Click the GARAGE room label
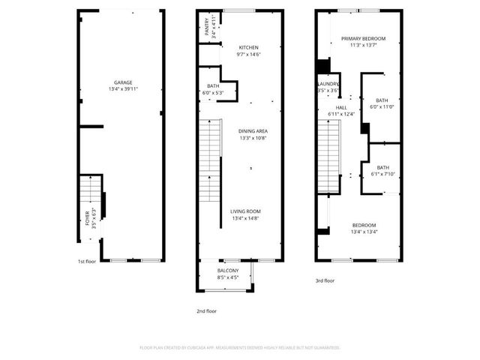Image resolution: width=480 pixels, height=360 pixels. coord(123,82)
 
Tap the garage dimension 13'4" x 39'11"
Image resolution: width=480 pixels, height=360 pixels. coord(123,89)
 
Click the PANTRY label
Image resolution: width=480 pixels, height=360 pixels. coord(207,28)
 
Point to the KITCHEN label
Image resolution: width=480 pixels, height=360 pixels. coord(248,47)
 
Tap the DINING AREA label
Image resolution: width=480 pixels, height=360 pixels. coord(253,130)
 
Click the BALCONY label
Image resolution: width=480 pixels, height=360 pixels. coord(228,270)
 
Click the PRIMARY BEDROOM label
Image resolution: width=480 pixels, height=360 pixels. coord(363,38)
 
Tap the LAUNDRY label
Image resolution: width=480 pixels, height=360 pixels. coord(328,84)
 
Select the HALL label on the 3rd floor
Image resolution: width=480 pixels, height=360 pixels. coord(341,107)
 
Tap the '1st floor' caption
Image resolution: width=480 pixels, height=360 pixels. coord(87,262)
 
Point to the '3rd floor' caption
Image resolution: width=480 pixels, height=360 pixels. coord(324,280)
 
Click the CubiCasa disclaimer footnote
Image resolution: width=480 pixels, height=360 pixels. coord(240,348)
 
